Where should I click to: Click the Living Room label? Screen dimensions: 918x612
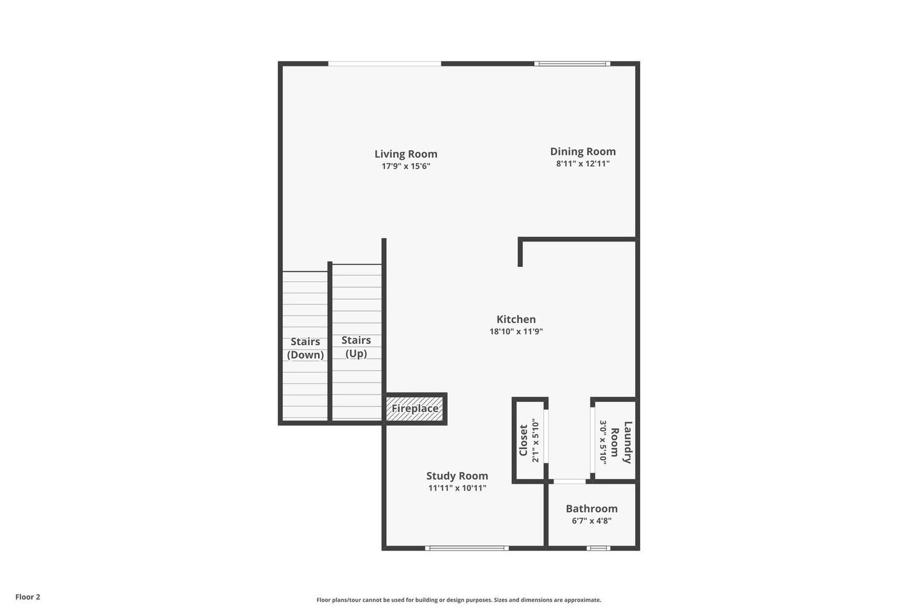[406, 154]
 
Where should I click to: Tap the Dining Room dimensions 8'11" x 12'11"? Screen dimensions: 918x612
[583, 164]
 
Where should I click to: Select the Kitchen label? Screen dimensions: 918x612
[516, 319]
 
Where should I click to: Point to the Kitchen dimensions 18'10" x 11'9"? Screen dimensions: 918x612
[516, 332]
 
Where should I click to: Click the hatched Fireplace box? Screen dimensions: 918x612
[415, 408]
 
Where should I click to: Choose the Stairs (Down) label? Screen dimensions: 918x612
[305, 348]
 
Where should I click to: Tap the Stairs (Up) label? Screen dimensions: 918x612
[356, 346]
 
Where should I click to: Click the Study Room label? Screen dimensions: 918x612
[457, 475]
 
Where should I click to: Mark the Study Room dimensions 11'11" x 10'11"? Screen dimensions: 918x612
[457, 488]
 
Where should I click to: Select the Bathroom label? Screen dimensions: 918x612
[592, 508]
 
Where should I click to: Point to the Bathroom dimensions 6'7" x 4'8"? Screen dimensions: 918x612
[592, 521]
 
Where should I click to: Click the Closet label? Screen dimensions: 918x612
[523, 441]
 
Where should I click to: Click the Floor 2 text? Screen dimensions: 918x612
[28, 597]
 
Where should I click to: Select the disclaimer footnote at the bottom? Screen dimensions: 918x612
[458, 600]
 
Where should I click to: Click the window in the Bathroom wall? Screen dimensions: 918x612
[598, 548]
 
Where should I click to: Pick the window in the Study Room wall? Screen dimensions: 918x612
[467, 548]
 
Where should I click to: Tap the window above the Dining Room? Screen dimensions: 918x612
[573, 64]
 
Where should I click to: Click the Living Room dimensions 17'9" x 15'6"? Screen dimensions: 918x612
[406, 166]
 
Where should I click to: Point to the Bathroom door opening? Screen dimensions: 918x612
[569, 481]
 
